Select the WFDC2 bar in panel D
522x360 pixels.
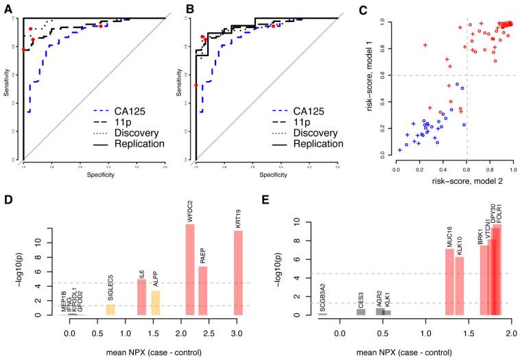(190, 269)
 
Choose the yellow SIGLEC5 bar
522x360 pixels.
(110, 310)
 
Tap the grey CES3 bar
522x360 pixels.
(361, 312)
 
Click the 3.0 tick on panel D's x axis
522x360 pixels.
(238, 332)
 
